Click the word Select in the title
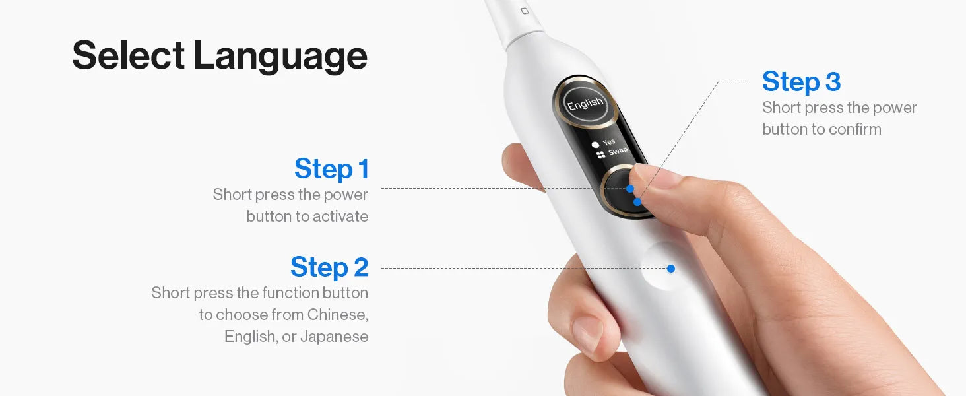click(129, 55)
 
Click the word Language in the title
click(280, 57)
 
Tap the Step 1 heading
click(331, 169)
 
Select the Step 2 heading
click(329, 267)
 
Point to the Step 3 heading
click(801, 81)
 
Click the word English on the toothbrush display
click(585, 104)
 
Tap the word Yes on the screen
click(609, 141)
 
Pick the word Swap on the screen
click(618, 151)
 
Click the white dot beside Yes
click(596, 145)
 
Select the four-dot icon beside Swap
click(600, 155)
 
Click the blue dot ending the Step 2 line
click(670, 269)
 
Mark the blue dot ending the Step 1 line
click(630, 189)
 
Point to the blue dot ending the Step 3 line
click(637, 202)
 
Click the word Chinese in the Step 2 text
click(338, 314)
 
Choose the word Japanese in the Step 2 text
click(335, 337)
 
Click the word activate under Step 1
click(340, 216)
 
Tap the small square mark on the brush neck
click(525, 11)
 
